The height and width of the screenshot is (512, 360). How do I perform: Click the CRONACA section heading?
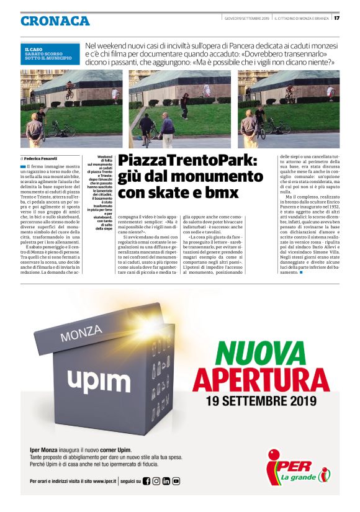pyautogui.click(x=55, y=20)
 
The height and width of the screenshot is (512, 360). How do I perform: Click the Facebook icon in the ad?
pyautogui.click(x=146, y=481)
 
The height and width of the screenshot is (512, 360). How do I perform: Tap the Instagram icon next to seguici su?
pyautogui.click(x=156, y=481)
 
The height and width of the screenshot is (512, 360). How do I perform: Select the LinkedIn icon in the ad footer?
pyautogui.click(x=166, y=481)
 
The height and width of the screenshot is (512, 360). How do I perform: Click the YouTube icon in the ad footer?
pyautogui.click(x=176, y=481)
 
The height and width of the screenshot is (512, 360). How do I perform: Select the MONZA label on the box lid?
pyautogui.click(x=81, y=336)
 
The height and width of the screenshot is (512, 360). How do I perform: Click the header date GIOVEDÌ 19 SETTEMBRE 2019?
pyautogui.click(x=246, y=17)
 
